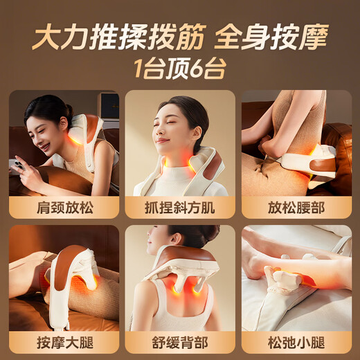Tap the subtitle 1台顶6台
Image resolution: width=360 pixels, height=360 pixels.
coord(179,69)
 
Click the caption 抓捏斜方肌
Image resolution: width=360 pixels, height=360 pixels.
coord(180,206)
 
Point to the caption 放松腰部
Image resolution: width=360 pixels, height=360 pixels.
coord(296,206)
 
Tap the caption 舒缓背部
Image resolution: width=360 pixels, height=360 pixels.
coord(180,341)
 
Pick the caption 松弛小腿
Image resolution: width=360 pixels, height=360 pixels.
coord(296,341)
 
